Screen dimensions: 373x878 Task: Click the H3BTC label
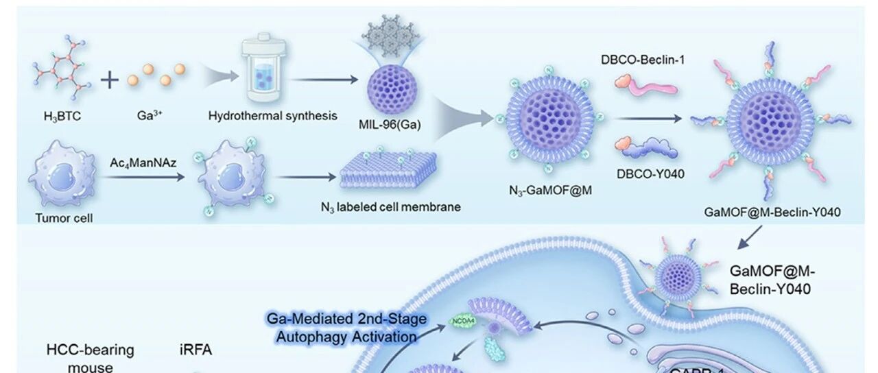(62, 117)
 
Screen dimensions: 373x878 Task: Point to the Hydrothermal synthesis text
(272, 116)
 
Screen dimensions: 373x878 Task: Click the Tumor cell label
(64, 219)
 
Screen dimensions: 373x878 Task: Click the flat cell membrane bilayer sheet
(389, 175)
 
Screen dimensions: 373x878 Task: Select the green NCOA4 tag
(460, 321)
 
